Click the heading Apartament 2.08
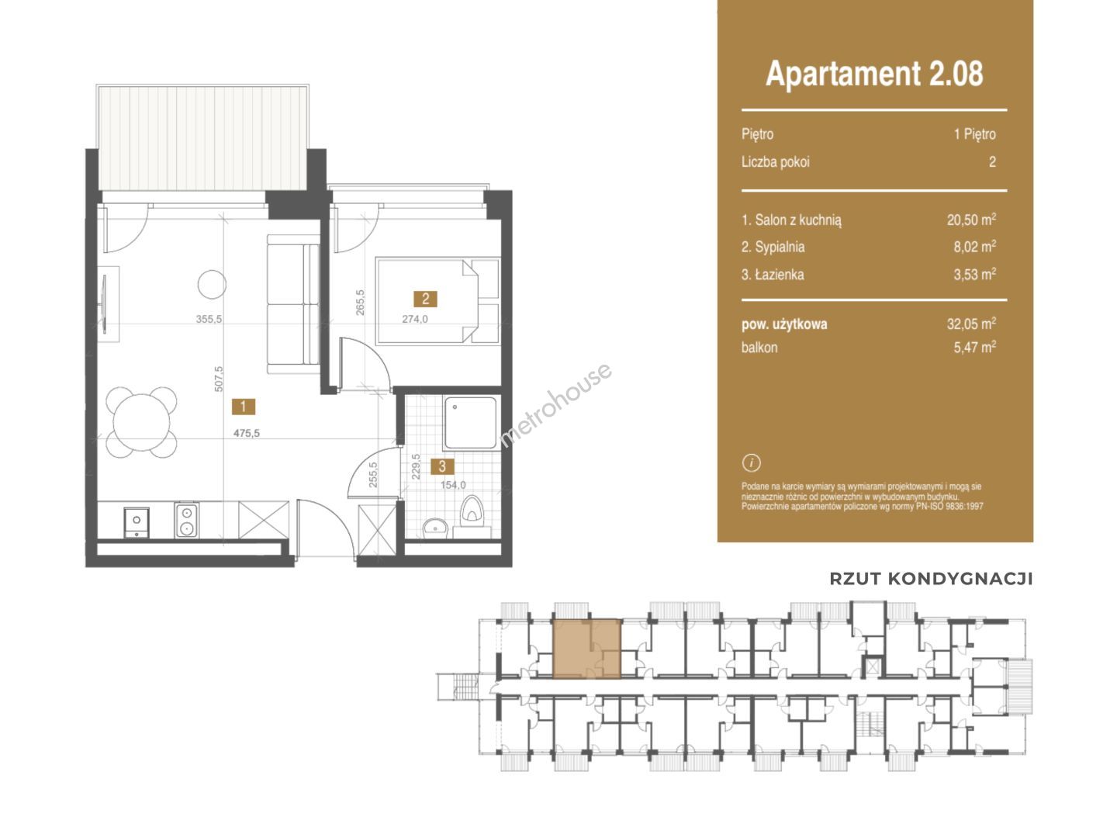tap(873, 74)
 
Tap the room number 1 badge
tap(244, 407)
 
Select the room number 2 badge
tap(425, 299)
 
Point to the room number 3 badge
tap(441, 466)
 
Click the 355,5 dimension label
tap(209, 319)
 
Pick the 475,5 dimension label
tap(247, 433)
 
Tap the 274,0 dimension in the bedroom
tap(415, 319)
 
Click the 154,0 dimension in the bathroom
tap(453, 485)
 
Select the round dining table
tap(141, 422)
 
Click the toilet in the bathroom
tap(471, 511)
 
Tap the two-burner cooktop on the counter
tap(185, 520)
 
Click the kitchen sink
tap(137, 522)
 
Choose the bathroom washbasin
tap(434, 528)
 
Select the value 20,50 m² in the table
tap(971, 220)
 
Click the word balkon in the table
tap(759, 348)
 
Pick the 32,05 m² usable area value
tap(971, 323)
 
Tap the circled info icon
tap(751, 462)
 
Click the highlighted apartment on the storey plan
tap(586, 649)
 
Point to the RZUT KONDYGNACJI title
tap(931, 579)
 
